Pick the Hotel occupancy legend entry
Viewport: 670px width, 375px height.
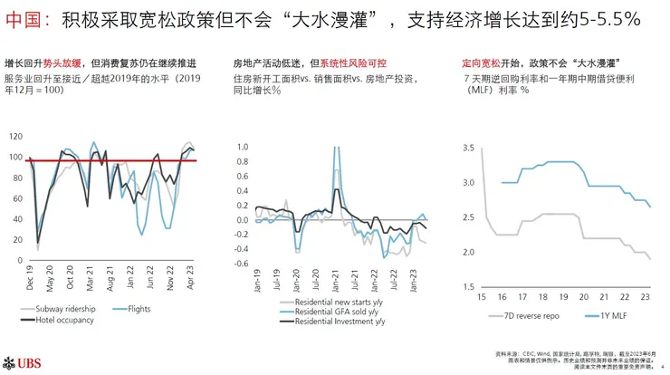coord(64,321)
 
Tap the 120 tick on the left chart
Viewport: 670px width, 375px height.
coord(14,136)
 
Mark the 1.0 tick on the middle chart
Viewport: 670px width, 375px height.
coord(242,147)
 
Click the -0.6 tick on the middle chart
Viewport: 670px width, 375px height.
coord(240,264)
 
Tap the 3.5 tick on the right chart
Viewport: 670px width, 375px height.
coord(468,147)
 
